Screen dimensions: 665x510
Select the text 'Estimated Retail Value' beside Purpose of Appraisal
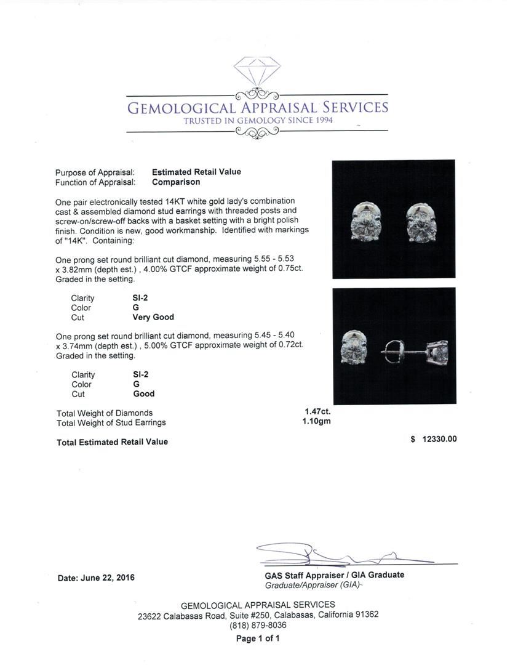click(196, 172)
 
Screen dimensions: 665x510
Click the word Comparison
click(176, 182)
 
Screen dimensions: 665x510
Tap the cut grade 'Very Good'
click(153, 318)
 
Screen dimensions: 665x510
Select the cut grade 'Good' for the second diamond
click(144, 394)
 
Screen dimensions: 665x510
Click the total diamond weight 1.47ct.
click(317, 412)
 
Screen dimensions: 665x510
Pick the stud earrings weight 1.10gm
click(317, 422)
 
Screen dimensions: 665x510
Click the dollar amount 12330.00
click(439, 440)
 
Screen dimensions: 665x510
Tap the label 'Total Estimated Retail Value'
click(112, 442)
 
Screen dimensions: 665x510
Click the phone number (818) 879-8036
click(258, 626)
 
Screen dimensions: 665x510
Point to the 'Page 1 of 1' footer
click(258, 639)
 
